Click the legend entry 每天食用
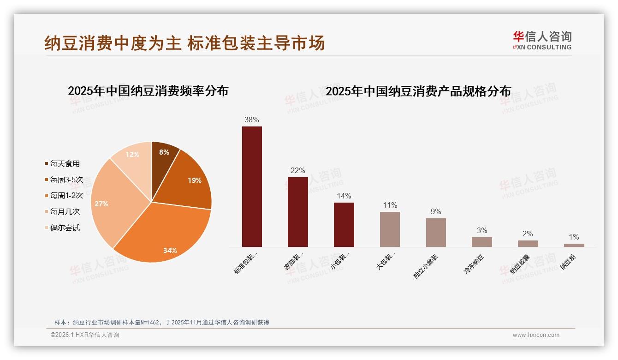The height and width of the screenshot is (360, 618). tap(65, 163)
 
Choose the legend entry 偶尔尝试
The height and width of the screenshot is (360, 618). tap(65, 228)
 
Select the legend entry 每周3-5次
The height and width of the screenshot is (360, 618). tap(66, 180)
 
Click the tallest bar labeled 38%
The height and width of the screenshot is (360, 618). tap(252, 186)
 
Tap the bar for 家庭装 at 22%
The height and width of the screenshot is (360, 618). tap(297, 212)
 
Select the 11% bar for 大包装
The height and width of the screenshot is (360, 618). tap(390, 229)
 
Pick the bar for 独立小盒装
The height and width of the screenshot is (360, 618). tap(436, 233)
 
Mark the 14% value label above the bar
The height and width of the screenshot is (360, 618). tap(344, 196)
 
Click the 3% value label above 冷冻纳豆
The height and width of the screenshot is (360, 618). tap(481, 230)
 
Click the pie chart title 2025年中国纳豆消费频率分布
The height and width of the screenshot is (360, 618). tap(148, 90)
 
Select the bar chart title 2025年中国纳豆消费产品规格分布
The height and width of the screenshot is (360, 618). tap(418, 91)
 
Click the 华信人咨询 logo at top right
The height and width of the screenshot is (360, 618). tap(542, 40)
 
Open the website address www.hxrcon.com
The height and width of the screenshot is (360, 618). tap(536, 335)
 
